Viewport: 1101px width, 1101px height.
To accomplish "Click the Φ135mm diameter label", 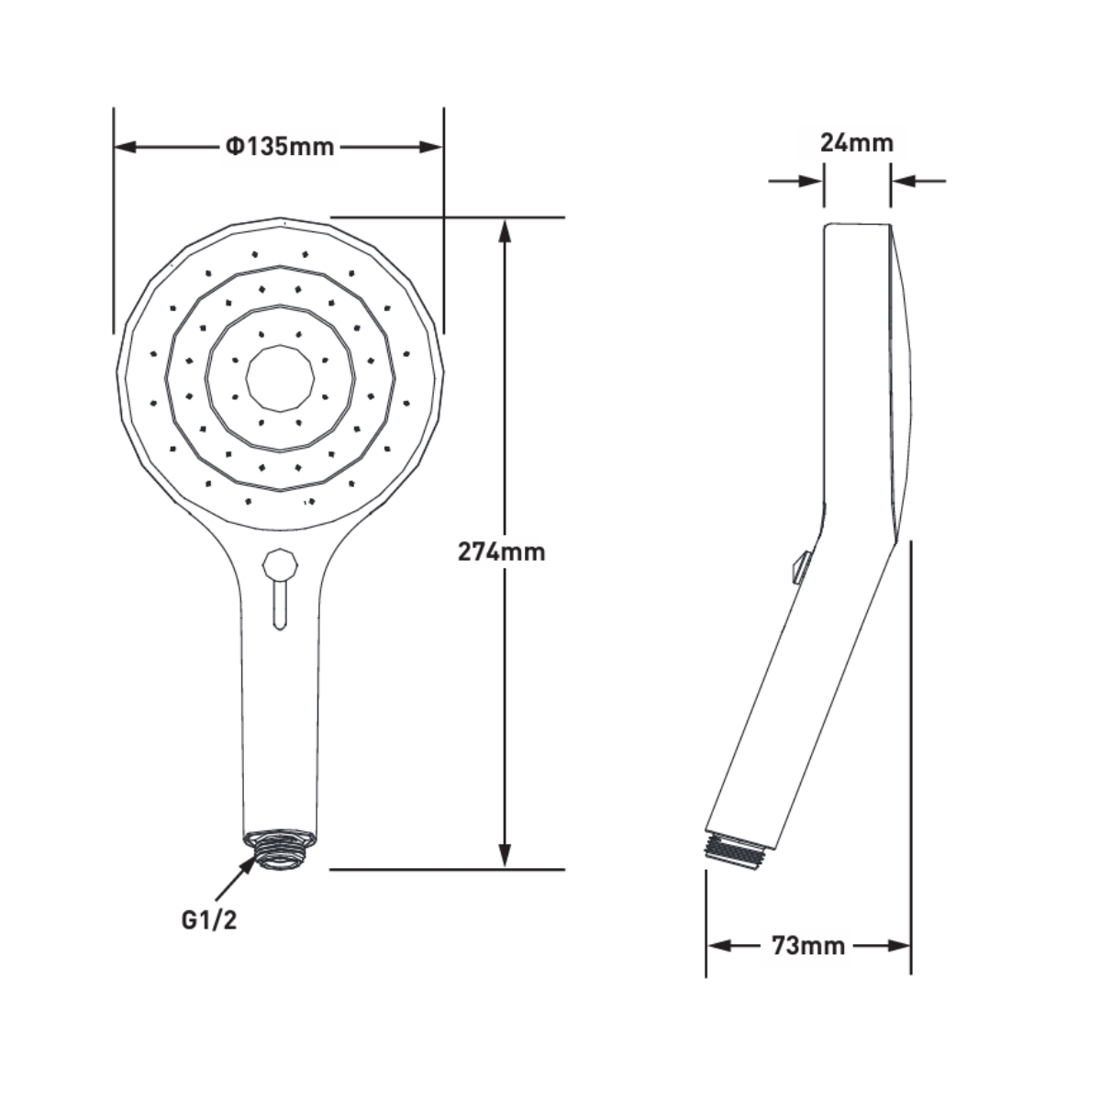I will pyautogui.click(x=280, y=147).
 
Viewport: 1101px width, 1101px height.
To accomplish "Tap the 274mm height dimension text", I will pyautogui.click(x=501, y=551).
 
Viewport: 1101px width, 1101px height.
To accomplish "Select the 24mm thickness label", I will pyautogui.click(x=856, y=143).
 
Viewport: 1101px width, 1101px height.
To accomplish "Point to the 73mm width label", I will pyautogui.click(x=807, y=946).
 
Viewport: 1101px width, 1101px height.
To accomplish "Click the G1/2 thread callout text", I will pyautogui.click(x=208, y=920).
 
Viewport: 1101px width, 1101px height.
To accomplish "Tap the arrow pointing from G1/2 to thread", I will pyautogui.click(x=237, y=876).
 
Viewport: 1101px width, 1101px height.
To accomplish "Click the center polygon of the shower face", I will pyautogui.click(x=281, y=378).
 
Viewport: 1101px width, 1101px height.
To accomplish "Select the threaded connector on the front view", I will pyautogui.click(x=280, y=849).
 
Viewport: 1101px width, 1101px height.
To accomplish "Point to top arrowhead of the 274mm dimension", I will pyautogui.click(x=504, y=229).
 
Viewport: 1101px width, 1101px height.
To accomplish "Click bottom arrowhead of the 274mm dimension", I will pyautogui.click(x=504, y=857).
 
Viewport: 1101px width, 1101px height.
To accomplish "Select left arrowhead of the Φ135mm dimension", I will pyautogui.click(x=125, y=147).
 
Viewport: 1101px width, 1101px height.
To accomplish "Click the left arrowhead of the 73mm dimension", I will pyautogui.click(x=717, y=946).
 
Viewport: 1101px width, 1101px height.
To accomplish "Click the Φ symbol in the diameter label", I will pyautogui.click(x=233, y=147).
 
